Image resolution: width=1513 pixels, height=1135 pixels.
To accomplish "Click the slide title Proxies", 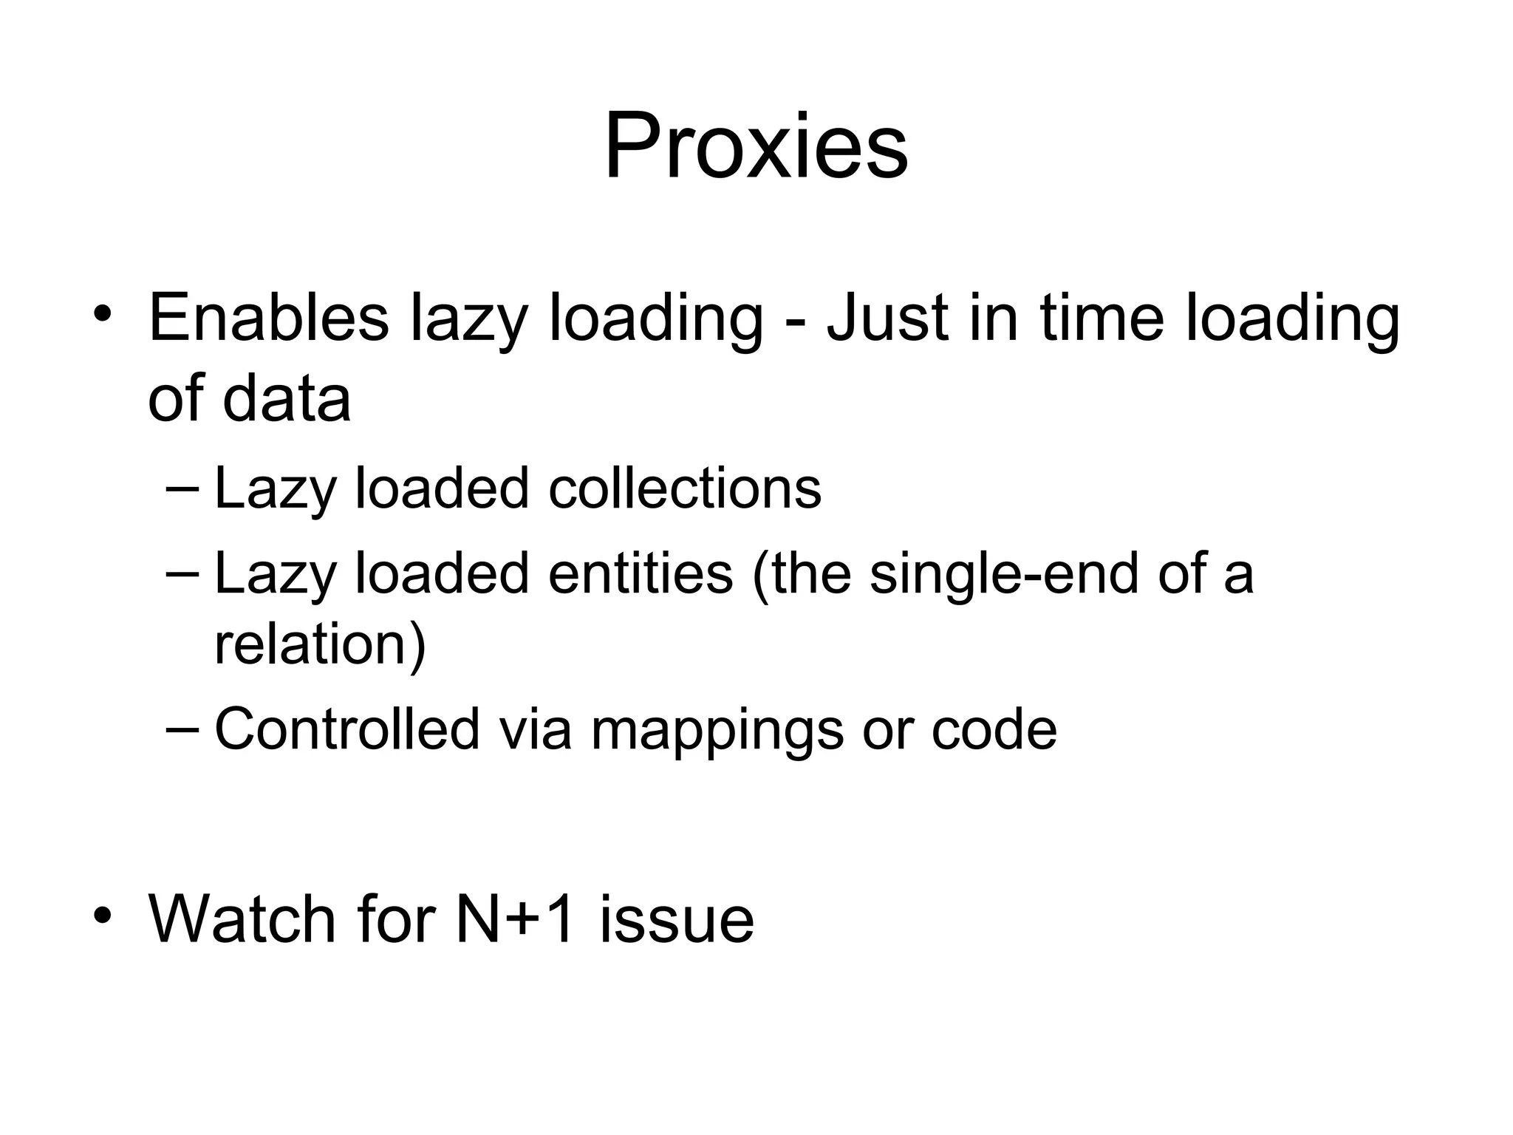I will [x=756, y=146].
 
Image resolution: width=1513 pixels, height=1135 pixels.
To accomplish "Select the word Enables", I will [x=268, y=318].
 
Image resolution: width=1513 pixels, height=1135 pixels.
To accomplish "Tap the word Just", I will [x=887, y=318].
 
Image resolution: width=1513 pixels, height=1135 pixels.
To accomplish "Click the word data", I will [x=287, y=400].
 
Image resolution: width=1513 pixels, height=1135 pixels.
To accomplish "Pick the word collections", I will [x=684, y=488].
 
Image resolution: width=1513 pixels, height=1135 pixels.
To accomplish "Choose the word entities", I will [x=640, y=573].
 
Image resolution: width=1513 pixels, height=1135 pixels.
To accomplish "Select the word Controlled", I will [x=347, y=729].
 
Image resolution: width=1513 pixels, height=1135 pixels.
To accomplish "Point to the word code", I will [x=994, y=729].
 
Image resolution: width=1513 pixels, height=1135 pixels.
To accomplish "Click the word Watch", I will [x=242, y=919].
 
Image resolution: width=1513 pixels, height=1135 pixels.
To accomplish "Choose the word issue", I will [x=677, y=919].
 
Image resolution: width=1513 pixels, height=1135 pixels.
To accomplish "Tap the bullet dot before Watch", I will [x=103, y=914].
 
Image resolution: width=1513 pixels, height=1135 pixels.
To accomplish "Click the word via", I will [x=535, y=729].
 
